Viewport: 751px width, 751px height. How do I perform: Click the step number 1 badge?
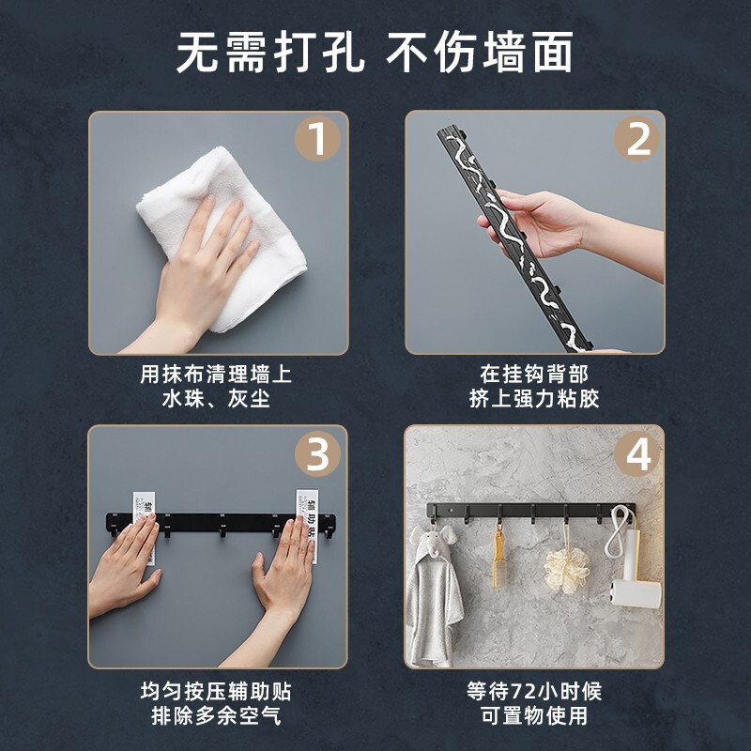(317, 138)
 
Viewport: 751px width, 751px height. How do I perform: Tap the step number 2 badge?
(636, 138)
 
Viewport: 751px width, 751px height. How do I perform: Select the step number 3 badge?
(317, 453)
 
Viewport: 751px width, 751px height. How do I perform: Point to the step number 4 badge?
(636, 453)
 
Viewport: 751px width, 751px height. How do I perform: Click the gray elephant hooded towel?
(433, 594)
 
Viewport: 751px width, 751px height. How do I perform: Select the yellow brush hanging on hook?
(499, 560)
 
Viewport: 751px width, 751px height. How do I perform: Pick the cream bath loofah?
(567, 570)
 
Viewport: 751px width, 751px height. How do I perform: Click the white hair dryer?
(632, 570)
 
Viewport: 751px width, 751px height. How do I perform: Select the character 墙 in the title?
(504, 52)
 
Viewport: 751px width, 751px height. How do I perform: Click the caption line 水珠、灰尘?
(216, 398)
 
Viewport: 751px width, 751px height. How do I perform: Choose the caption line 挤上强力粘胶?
(534, 398)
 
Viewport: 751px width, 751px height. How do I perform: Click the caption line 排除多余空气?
(216, 716)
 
